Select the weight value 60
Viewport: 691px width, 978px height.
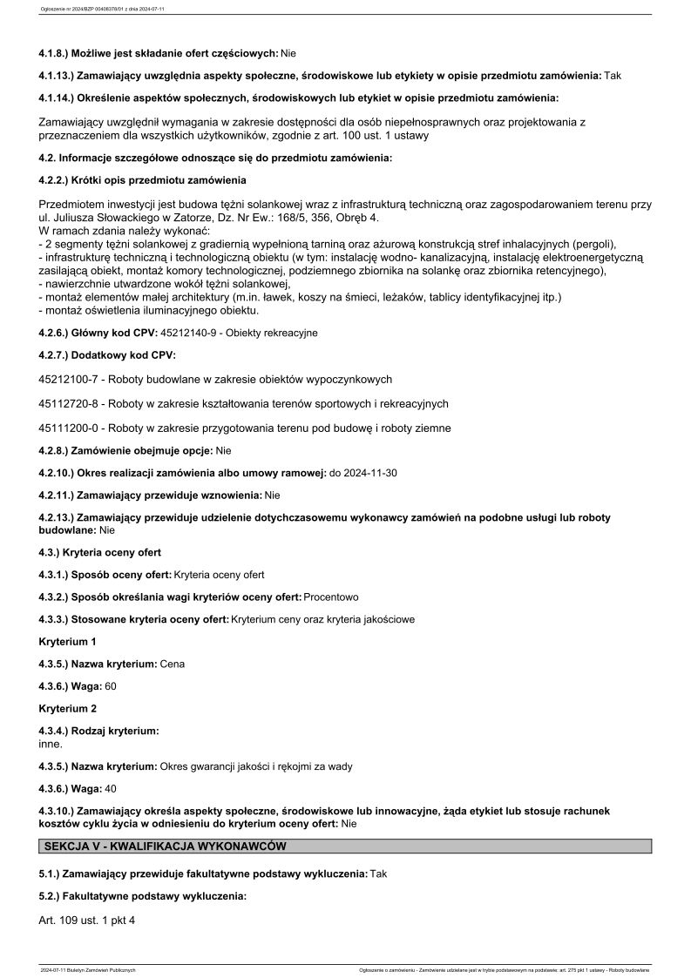[x=111, y=686]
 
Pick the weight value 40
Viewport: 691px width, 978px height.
[x=111, y=789]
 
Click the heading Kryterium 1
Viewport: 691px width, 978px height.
[x=68, y=641]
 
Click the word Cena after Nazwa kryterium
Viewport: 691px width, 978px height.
[x=173, y=664]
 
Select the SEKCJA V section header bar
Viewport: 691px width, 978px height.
[x=346, y=846]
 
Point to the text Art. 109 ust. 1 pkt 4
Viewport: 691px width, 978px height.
[x=88, y=920]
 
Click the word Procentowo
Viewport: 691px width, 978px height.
[x=331, y=597]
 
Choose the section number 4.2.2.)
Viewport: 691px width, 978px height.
[x=59, y=180]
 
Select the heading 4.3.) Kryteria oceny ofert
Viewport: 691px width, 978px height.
[x=100, y=552]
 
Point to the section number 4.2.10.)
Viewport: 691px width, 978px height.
[x=63, y=472]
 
